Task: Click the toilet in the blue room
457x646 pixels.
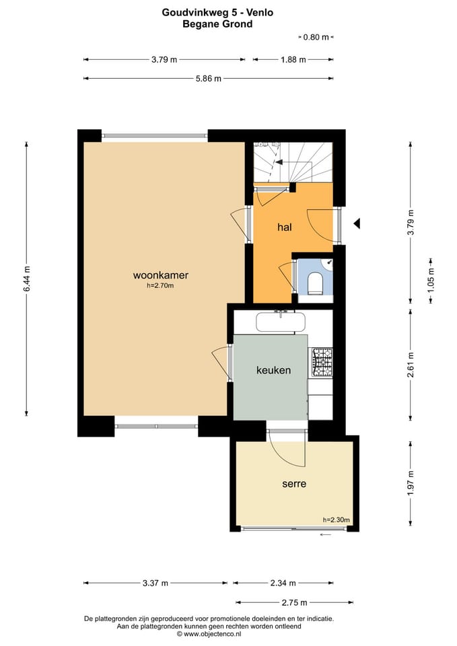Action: click(x=316, y=283)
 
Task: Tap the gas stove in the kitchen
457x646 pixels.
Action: click(x=322, y=363)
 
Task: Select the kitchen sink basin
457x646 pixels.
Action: click(x=281, y=322)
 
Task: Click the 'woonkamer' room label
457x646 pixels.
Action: click(x=161, y=275)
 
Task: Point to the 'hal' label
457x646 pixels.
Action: click(x=285, y=227)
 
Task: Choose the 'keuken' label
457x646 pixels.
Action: click(x=274, y=370)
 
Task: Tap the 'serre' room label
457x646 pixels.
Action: click(x=294, y=484)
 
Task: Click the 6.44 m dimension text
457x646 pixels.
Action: click(x=27, y=279)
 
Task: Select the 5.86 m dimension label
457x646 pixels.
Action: click(x=209, y=78)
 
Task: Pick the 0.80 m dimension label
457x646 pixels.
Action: click(x=316, y=37)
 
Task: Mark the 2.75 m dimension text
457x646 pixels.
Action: click(x=295, y=602)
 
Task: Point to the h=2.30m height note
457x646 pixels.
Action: click(x=337, y=520)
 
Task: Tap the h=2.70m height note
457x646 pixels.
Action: click(x=160, y=285)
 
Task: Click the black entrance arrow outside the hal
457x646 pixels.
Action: click(x=357, y=223)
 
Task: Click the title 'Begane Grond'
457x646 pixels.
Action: click(x=217, y=24)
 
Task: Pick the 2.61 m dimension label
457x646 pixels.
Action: click(x=411, y=365)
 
